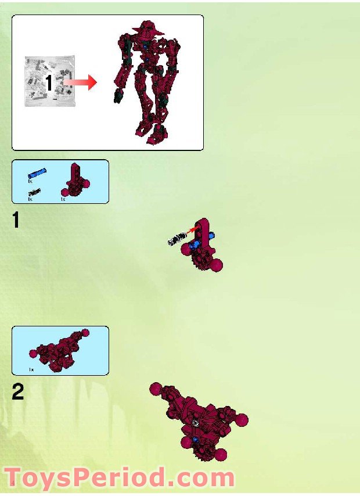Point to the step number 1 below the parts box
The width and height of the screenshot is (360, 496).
click(18, 221)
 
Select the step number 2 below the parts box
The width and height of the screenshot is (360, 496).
click(19, 393)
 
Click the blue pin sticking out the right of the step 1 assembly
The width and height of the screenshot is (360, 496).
click(212, 236)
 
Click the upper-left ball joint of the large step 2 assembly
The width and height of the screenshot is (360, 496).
click(155, 389)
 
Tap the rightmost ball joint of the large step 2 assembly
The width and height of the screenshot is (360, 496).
click(242, 419)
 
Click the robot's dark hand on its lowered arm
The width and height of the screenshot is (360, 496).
click(117, 96)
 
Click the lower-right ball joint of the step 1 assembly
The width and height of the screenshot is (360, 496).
click(217, 266)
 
